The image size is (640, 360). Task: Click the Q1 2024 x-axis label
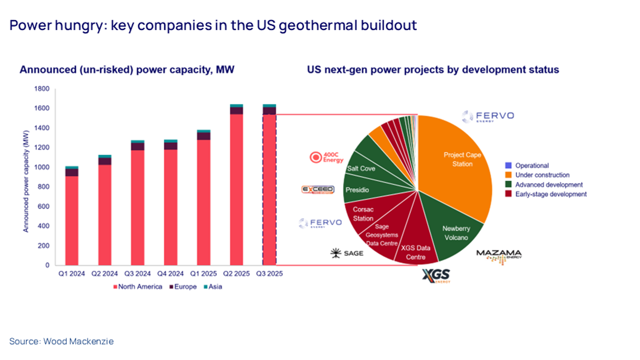tap(71, 274)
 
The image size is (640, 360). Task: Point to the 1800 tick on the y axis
tap(42, 89)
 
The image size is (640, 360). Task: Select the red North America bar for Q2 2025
tap(236, 189)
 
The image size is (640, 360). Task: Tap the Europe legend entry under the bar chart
tap(183, 287)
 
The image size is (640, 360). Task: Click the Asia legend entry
tap(213, 287)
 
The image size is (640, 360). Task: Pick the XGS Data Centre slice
tap(416, 251)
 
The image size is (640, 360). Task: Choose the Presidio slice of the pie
tap(357, 190)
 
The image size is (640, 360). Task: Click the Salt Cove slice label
tap(361, 168)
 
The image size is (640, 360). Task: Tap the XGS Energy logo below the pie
tap(436, 276)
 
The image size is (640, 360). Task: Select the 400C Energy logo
tap(326, 157)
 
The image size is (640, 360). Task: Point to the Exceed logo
tap(318, 190)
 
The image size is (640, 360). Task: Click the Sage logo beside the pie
tap(347, 253)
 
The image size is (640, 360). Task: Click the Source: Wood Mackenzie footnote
tap(62, 341)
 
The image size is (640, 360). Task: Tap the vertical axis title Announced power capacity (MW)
tap(26, 181)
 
